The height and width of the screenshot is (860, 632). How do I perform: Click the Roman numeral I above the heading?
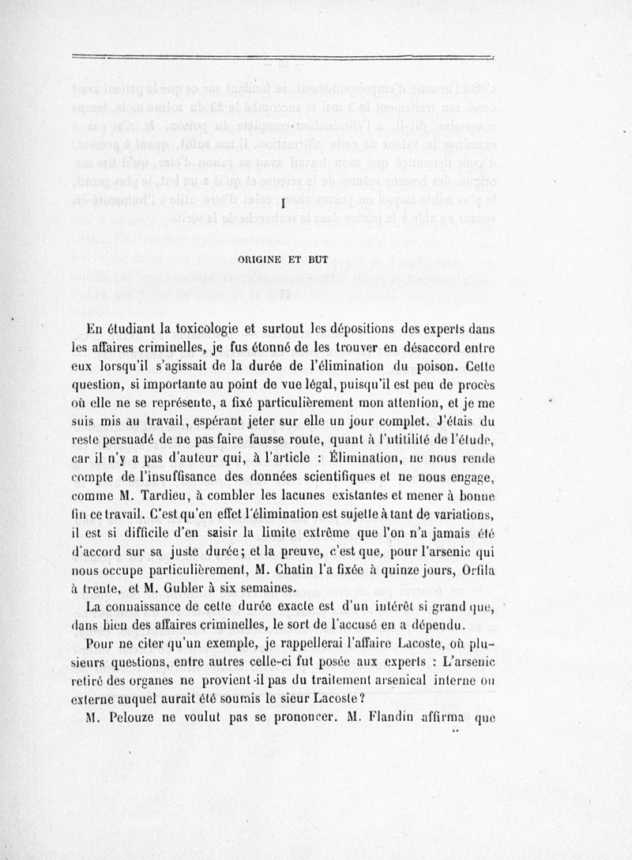tap(282, 205)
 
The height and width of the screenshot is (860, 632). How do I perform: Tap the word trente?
tap(114, 588)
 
